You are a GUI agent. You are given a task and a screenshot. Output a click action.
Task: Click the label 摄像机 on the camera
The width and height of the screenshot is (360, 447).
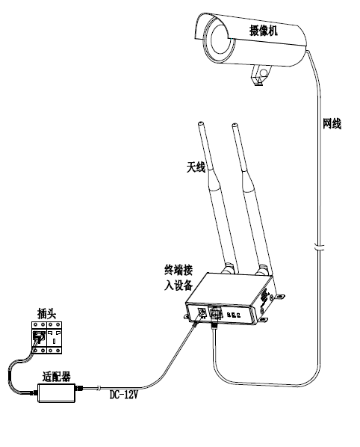pyautogui.click(x=263, y=30)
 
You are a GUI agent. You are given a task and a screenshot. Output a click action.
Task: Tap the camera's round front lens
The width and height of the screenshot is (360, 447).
pyautogui.click(x=220, y=40)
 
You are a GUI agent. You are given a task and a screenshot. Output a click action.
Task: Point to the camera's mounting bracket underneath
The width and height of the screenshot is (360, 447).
pyautogui.click(x=261, y=75)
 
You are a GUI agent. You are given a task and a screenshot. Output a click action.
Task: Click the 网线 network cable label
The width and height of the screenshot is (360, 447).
pyautogui.click(x=332, y=124)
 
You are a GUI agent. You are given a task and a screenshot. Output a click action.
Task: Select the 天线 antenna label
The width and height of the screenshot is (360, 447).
pyautogui.click(x=196, y=167)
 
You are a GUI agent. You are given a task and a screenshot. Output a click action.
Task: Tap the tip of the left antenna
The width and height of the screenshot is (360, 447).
pyautogui.click(x=201, y=124)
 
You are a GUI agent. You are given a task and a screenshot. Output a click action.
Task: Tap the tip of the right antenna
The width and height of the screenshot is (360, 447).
pyautogui.click(x=235, y=125)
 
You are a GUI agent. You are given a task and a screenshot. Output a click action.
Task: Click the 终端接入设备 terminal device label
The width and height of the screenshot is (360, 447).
pyautogui.click(x=179, y=277)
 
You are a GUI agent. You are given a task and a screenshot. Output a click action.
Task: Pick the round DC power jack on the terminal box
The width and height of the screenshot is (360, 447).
pyautogui.click(x=202, y=312)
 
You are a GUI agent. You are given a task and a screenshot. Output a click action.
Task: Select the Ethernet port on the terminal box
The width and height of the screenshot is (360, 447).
pyautogui.click(x=215, y=314)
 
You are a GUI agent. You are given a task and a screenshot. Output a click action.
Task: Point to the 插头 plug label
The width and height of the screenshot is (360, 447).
pyautogui.click(x=47, y=314)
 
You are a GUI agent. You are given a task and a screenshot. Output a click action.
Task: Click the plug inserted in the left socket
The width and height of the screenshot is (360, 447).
pyautogui.click(x=39, y=336)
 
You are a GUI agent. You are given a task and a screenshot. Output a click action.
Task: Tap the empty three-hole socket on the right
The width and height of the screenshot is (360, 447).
pyautogui.click(x=54, y=338)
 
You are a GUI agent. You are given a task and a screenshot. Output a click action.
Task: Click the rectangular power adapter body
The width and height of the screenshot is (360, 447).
pyautogui.click(x=57, y=393)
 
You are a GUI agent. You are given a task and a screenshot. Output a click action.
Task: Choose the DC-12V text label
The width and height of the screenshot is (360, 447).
pyautogui.click(x=124, y=395)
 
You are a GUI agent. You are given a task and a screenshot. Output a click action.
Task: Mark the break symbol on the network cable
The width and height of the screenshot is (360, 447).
pyautogui.click(x=320, y=247)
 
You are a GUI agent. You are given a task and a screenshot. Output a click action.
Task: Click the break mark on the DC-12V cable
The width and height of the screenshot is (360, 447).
pyautogui.click(x=99, y=387)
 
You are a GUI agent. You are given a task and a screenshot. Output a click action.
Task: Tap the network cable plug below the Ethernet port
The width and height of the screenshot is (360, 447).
pyautogui.click(x=214, y=324)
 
